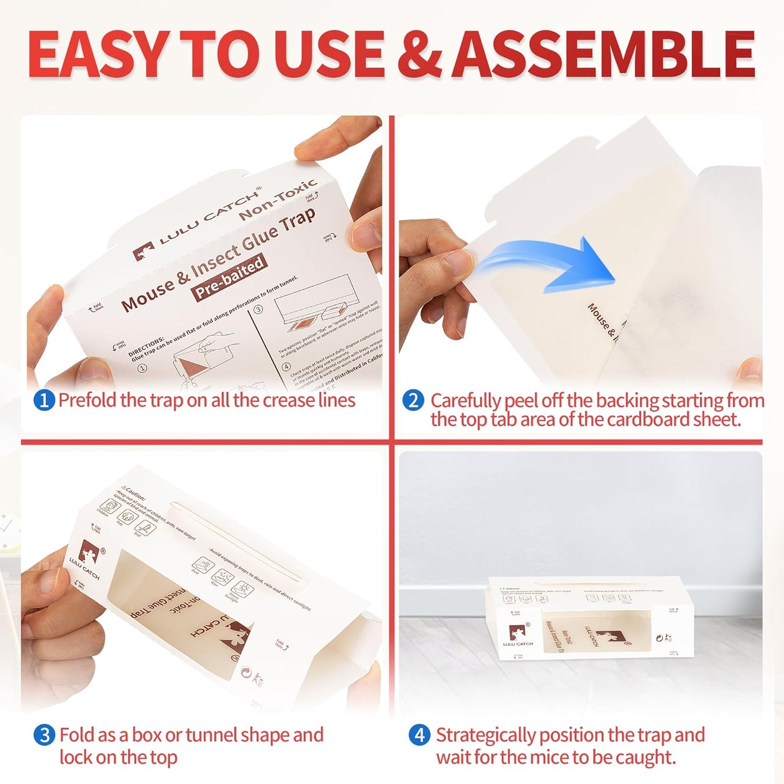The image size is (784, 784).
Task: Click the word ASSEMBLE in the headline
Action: (603, 54)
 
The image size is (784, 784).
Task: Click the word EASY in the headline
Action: (97, 54)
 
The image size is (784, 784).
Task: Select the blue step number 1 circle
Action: (44, 401)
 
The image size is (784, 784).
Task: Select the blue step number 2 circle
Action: (413, 401)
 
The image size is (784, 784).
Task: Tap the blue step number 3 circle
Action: (44, 736)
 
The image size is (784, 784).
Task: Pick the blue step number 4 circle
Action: (419, 736)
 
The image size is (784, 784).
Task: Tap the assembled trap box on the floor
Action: (591, 619)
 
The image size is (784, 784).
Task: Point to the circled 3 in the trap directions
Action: (259, 309)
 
